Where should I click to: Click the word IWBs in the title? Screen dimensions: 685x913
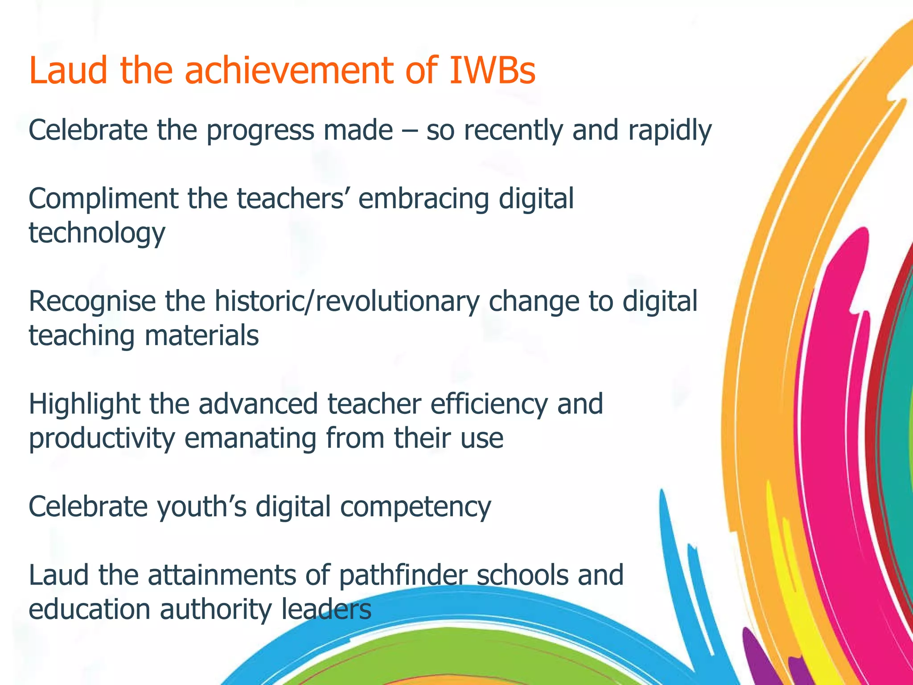click(492, 70)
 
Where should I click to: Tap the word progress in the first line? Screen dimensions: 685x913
click(260, 131)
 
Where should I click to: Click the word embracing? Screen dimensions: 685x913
click(424, 199)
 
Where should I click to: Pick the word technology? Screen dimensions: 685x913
click(97, 233)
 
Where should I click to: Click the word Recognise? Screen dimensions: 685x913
click(92, 301)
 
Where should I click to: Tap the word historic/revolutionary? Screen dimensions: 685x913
click(347, 301)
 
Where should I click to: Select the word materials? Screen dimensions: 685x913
click(202, 336)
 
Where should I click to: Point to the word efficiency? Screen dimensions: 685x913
click(489, 404)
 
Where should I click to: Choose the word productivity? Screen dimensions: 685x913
click(102, 438)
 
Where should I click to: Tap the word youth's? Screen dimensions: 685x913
click(202, 507)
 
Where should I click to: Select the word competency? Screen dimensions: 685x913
click(415, 507)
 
